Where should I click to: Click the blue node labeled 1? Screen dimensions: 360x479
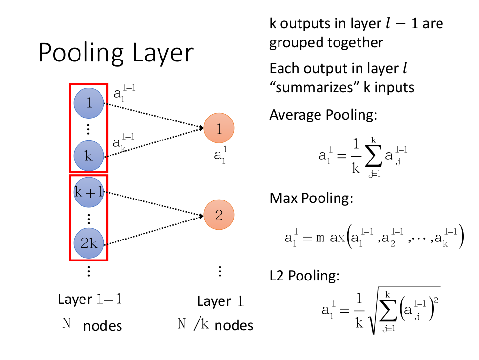point(89,103)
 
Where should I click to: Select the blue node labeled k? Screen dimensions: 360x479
point(89,156)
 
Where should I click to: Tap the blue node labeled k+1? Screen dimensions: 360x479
point(89,191)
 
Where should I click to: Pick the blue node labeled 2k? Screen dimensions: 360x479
point(89,243)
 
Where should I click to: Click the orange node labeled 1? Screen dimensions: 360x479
point(219,129)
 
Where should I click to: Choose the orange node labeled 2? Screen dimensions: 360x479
point(219,215)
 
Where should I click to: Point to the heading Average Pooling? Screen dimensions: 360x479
point(323,115)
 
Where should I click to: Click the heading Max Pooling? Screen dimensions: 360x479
point(311,199)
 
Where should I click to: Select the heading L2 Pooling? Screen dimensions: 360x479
point(304,276)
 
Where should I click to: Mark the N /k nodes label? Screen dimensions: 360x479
point(215,325)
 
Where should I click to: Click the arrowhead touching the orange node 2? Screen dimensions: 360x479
point(201,216)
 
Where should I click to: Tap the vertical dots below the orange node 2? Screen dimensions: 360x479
point(220,271)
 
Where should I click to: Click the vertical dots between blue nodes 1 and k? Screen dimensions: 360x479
point(89,129)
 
